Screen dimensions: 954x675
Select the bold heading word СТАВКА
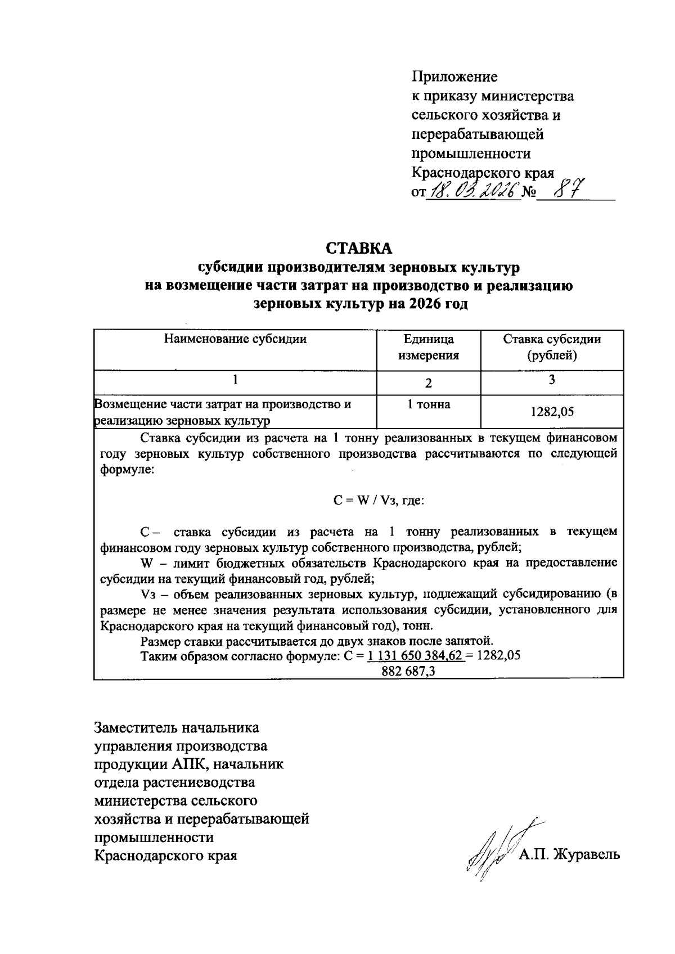359,247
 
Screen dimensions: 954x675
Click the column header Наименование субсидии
235,339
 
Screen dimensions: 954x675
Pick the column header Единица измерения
429,347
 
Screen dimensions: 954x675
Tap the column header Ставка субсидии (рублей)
552,347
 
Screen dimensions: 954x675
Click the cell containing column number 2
429,383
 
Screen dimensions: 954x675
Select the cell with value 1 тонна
429,404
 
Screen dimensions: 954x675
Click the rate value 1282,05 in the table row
552,412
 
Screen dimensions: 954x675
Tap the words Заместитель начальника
177,728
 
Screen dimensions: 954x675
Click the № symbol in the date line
528,193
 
